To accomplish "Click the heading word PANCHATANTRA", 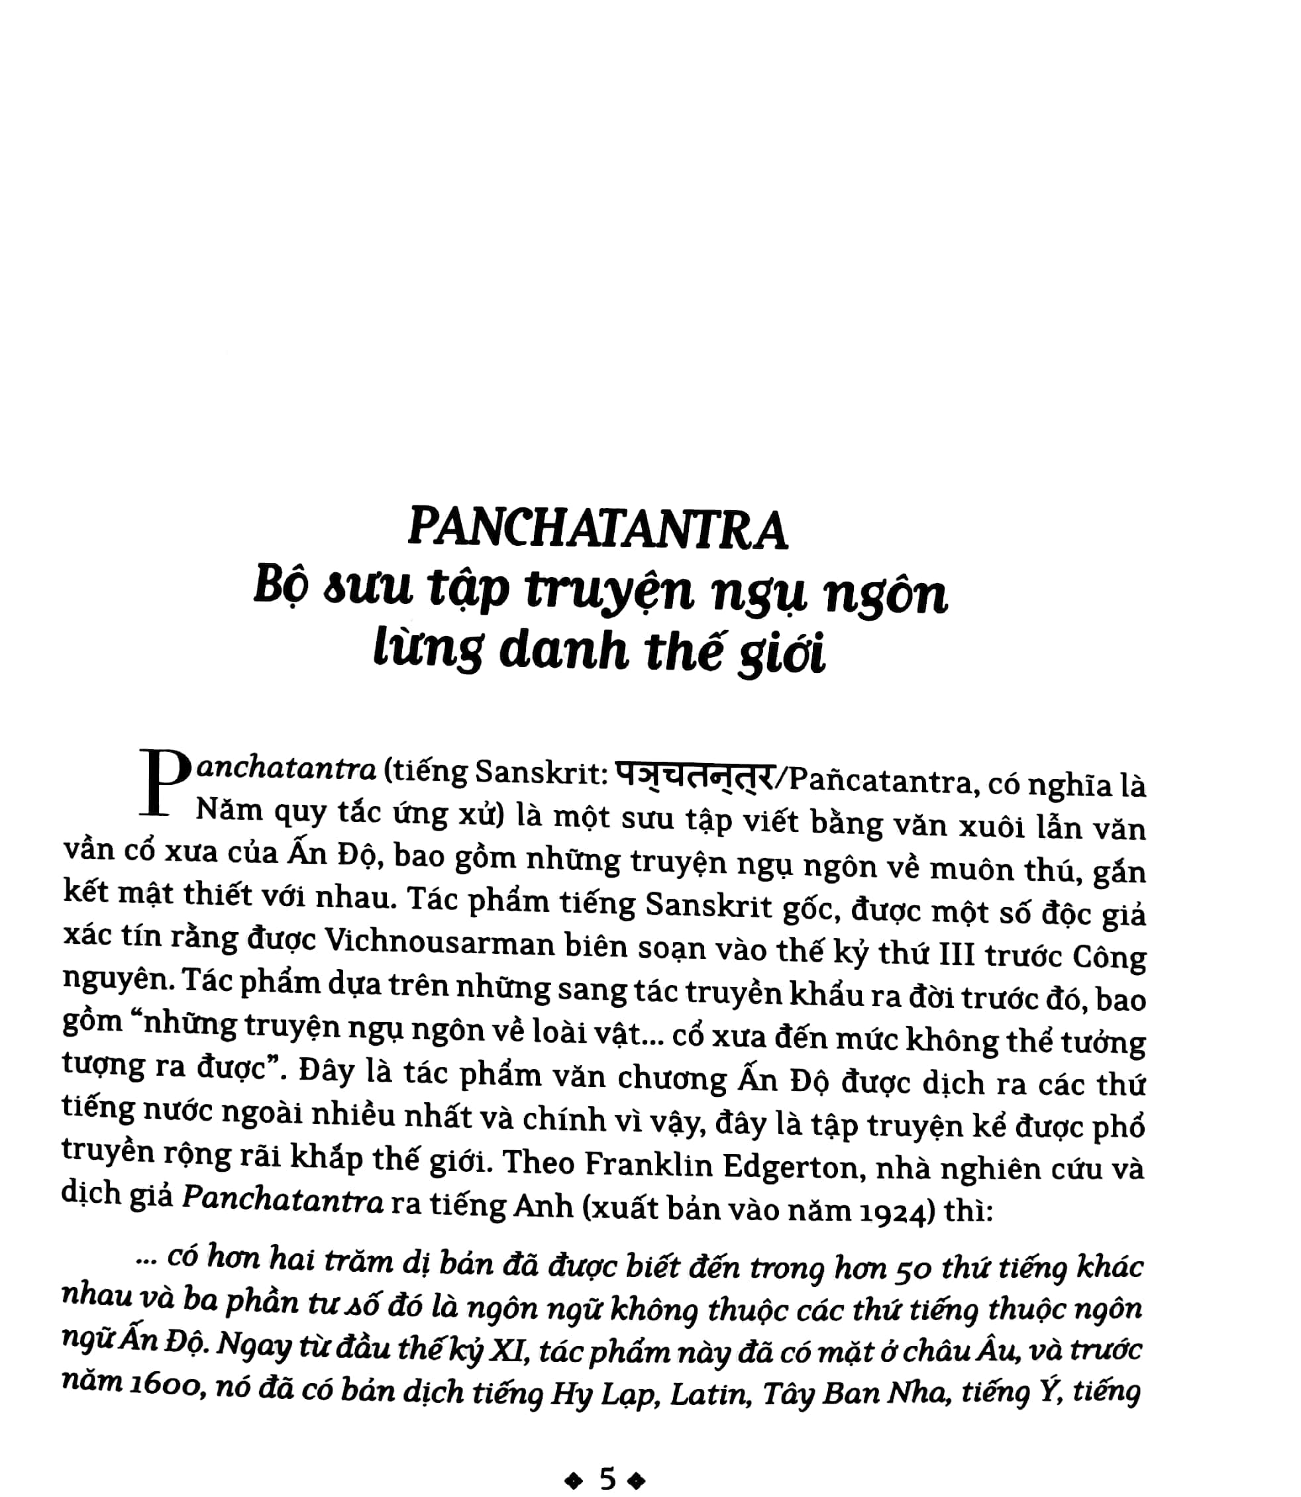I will [597, 529].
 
